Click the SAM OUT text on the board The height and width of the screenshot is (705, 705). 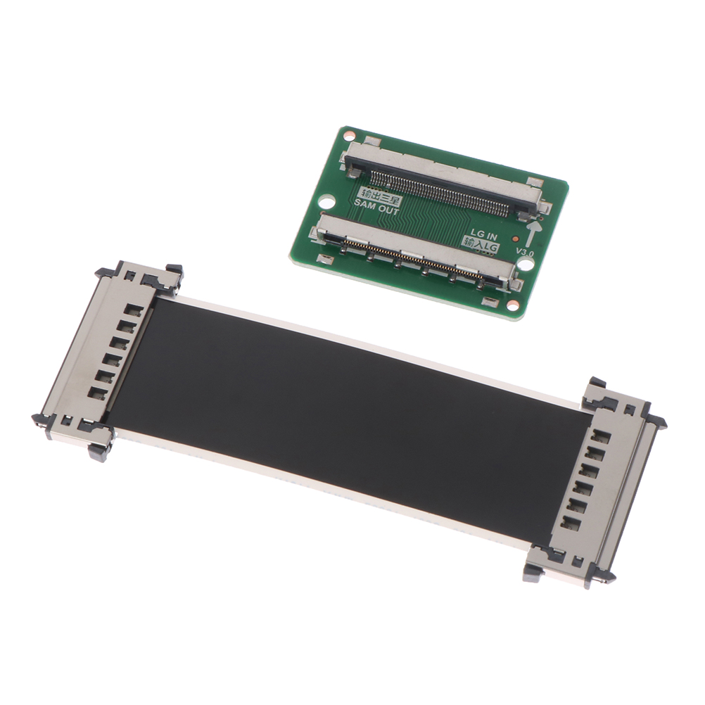[376, 208]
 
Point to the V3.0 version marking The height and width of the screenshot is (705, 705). [525, 253]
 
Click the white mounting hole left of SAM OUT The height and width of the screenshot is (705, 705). [328, 200]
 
